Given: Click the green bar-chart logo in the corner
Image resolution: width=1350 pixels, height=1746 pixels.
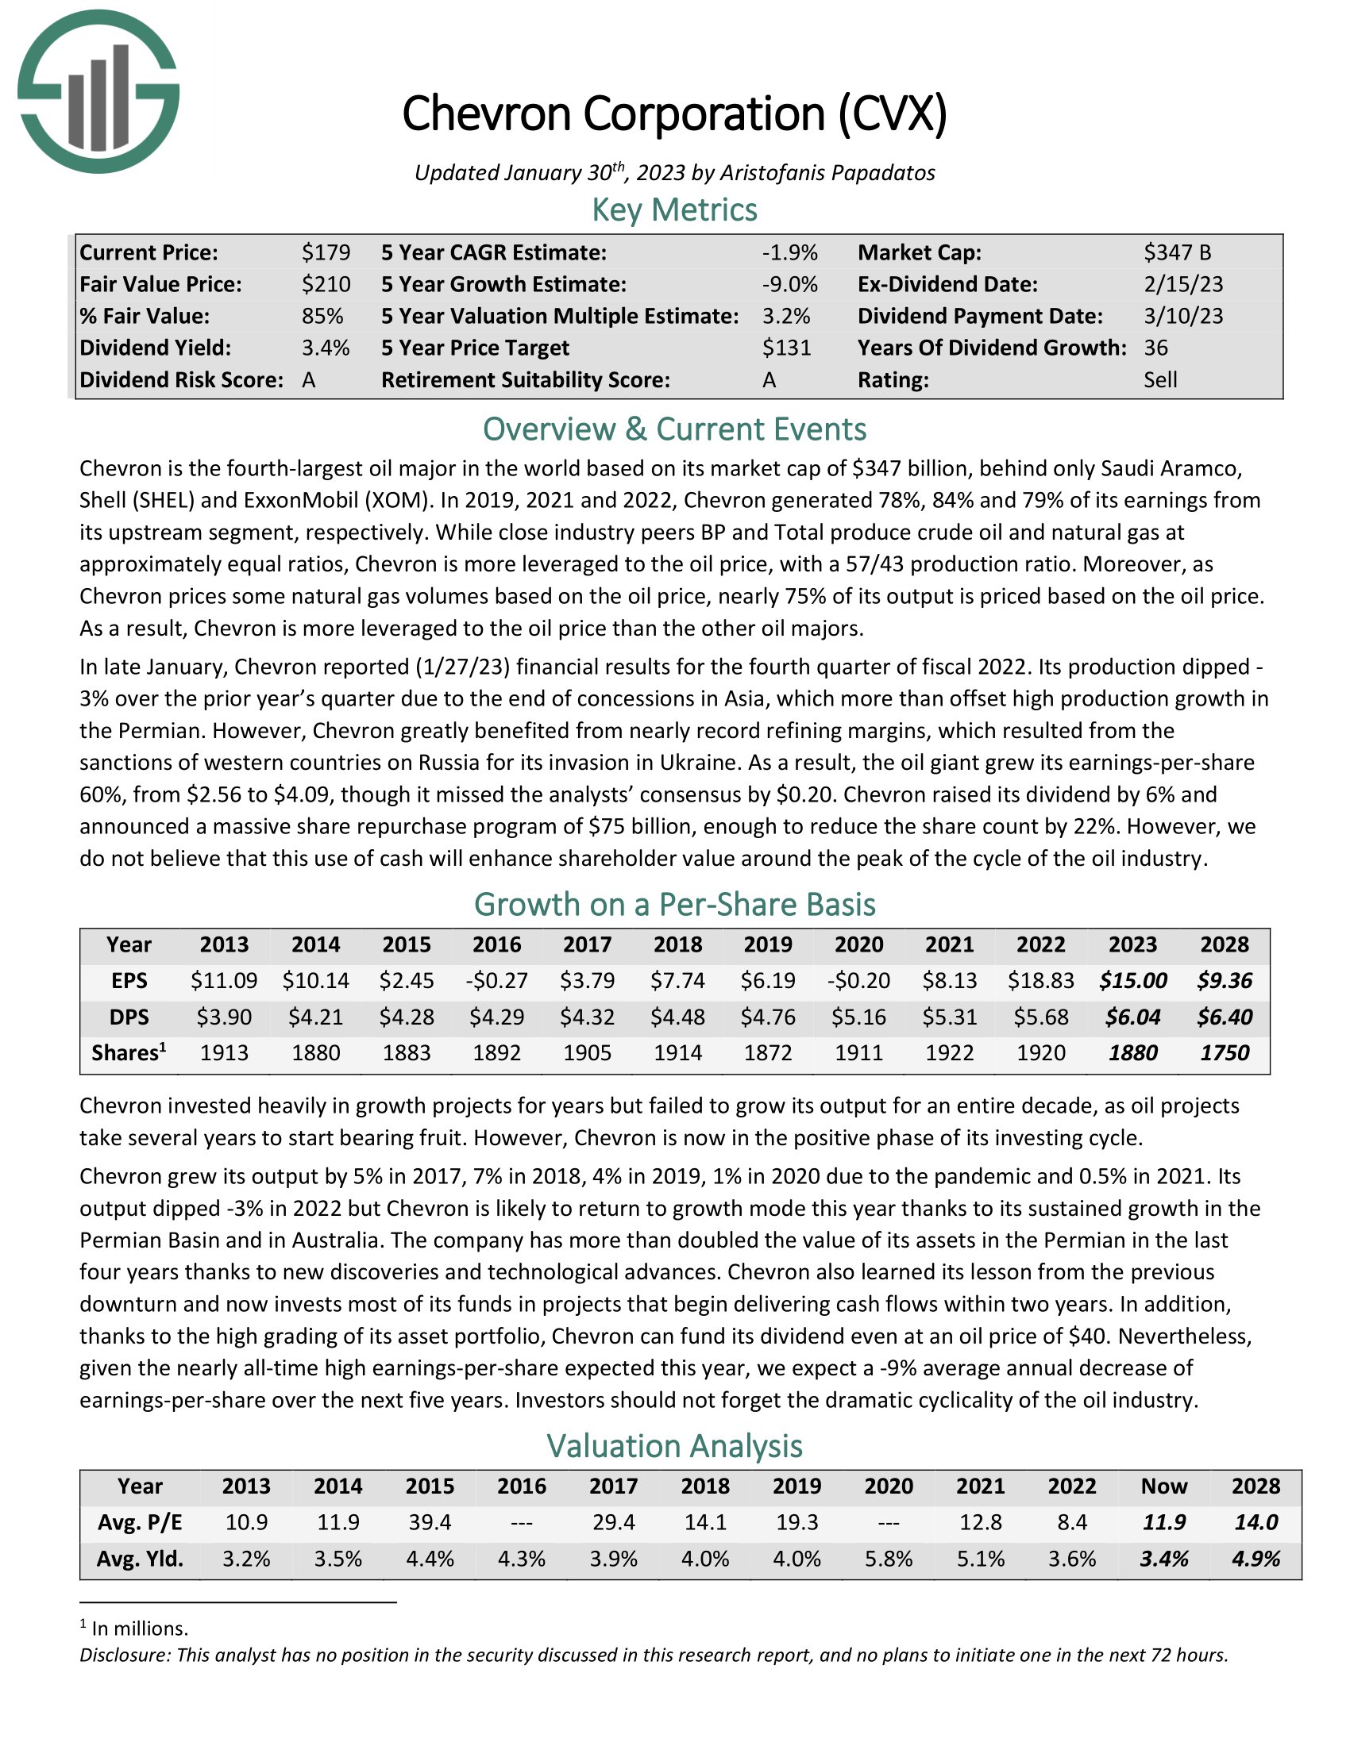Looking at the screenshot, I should pos(98,91).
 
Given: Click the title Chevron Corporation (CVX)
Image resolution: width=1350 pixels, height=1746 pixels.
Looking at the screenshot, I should pos(674,113).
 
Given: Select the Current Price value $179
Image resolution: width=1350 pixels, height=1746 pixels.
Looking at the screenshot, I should pos(326,252).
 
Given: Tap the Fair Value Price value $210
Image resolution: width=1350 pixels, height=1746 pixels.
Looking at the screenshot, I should pos(326,285).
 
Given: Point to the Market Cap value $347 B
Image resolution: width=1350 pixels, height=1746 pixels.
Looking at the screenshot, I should pos(1176,252).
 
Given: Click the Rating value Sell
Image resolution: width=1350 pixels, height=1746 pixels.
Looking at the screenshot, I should pos(1159,379).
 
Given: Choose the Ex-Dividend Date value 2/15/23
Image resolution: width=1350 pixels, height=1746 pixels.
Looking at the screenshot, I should pos(1183,285).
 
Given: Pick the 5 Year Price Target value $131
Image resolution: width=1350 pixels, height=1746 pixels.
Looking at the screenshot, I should pos(786,348).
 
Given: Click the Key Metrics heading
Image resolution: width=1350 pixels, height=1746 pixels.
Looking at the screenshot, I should pos(674,210).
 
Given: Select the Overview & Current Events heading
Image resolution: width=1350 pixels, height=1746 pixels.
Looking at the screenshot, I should pos(674,429).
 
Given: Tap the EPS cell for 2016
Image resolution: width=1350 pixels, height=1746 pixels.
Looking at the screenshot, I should pos(496,980).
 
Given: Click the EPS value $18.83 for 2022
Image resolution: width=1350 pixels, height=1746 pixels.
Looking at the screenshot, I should pos(1040,980).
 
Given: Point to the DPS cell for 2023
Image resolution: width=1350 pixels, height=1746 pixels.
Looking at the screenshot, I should pos(1132,1017).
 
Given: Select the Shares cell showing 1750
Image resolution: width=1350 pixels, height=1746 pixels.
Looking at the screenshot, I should pos(1224,1053).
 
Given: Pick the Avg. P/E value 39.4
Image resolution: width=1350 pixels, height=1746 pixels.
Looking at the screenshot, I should pos(430,1522).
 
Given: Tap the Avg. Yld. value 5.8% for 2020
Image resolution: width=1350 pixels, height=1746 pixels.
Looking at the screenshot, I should pos(888,1559).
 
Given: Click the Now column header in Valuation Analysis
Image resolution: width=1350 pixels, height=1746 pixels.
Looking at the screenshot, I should pos(1163,1486).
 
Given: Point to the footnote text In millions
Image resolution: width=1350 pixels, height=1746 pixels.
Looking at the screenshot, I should pos(140,1629).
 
